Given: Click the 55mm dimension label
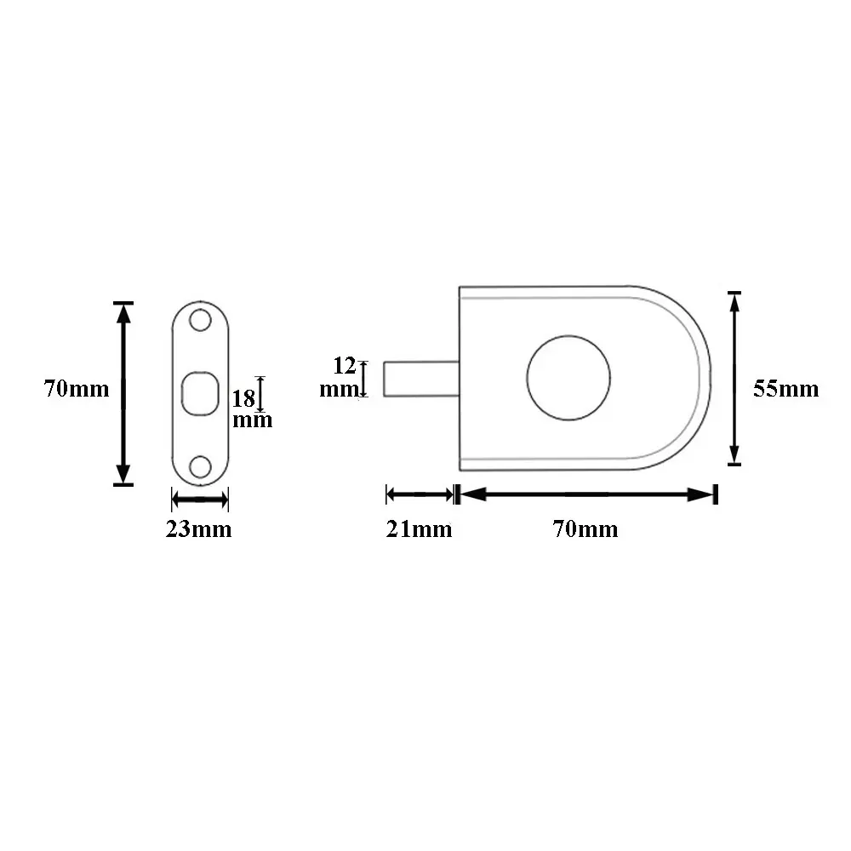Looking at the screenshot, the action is (x=785, y=389).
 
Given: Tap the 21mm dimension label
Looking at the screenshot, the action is (x=419, y=529).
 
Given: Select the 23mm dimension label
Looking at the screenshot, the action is (x=198, y=529).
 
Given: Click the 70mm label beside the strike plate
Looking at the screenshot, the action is (x=77, y=389).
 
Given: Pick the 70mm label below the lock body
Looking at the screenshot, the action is (x=585, y=529).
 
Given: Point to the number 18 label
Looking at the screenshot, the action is (x=243, y=399).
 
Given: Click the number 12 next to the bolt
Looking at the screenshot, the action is (x=344, y=366).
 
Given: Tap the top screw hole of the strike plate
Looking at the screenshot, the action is (x=200, y=320).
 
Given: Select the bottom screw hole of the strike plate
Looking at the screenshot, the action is (x=200, y=466).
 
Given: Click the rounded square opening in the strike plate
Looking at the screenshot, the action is (x=200, y=393).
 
